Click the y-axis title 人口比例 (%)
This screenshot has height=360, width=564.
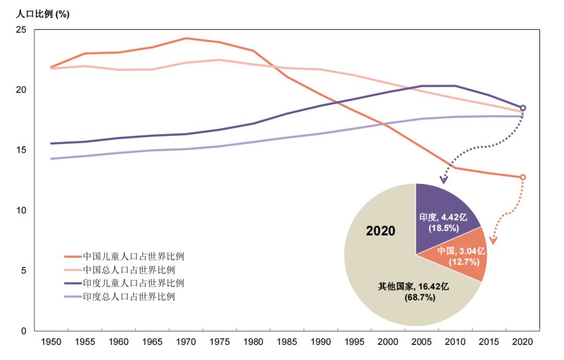click(39, 15)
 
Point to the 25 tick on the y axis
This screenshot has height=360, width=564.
click(21, 30)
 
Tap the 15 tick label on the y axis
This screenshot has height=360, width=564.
click(21, 150)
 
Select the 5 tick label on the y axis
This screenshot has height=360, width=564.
click(23, 271)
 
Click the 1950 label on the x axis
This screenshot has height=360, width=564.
click(51, 342)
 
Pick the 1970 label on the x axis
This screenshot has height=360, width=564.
click(186, 342)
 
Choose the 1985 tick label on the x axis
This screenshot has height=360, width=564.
click(287, 342)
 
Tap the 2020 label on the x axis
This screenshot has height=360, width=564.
click(523, 342)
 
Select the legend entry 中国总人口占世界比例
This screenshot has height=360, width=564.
click(128, 270)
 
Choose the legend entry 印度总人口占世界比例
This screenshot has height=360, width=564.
click(128, 297)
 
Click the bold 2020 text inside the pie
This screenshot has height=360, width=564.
click(381, 231)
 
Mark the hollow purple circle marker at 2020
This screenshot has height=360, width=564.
click(523, 108)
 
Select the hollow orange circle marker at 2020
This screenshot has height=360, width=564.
click(523, 177)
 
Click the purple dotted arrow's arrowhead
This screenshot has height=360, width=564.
click(443, 181)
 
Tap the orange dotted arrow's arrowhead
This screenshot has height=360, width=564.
click(492, 240)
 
